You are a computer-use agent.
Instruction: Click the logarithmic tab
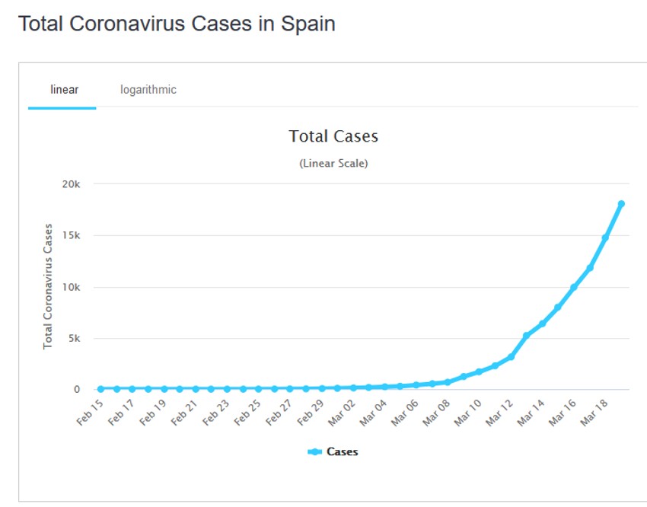[x=148, y=90]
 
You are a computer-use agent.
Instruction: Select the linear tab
[x=64, y=90]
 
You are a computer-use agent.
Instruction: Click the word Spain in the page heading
[x=306, y=24]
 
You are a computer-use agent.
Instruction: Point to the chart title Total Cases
[x=333, y=136]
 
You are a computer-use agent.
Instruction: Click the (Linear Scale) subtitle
[x=333, y=164]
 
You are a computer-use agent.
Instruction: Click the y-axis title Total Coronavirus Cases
[x=48, y=286]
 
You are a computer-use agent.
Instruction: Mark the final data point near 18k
[x=621, y=204]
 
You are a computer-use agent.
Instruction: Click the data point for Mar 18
[x=605, y=238]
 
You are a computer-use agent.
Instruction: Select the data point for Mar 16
[x=574, y=287]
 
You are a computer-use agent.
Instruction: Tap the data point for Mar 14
[x=542, y=324]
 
